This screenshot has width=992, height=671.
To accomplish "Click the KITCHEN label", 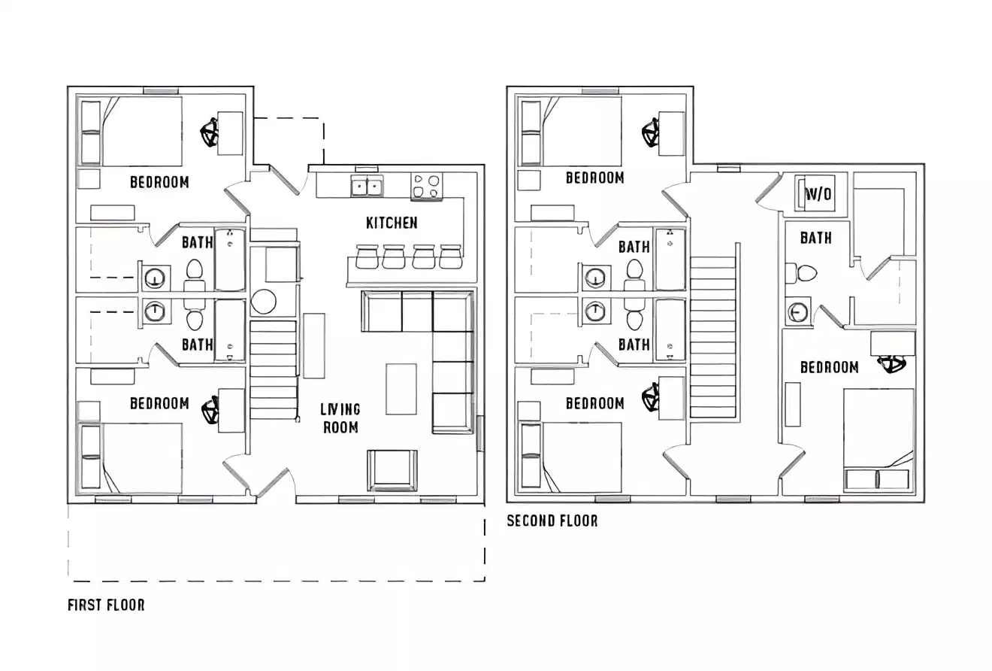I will [391, 223].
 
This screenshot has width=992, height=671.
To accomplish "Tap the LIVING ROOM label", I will [340, 418].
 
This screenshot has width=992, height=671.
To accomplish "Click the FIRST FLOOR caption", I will [106, 605].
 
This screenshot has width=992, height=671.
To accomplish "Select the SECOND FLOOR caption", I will [552, 521].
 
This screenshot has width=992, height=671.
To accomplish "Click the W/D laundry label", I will [818, 195].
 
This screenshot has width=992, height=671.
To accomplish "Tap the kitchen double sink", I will [367, 186].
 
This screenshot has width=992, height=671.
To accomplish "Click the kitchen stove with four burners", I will [426, 186].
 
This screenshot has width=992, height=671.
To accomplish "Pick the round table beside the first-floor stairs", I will [264, 302].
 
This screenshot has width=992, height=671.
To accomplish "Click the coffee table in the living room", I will [401, 388].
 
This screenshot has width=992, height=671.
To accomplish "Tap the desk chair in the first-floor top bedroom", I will [210, 135].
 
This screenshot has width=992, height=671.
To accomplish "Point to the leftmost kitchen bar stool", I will [366, 257].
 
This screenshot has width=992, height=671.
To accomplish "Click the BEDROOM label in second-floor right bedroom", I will [829, 367].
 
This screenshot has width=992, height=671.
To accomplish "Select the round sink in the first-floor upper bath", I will [155, 277].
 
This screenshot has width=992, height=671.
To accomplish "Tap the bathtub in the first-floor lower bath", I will [230, 331].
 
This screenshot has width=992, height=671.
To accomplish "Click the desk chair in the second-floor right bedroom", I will [894, 365].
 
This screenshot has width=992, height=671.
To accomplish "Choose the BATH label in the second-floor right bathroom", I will [815, 238].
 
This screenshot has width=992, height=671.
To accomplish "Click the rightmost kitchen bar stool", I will [450, 257].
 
